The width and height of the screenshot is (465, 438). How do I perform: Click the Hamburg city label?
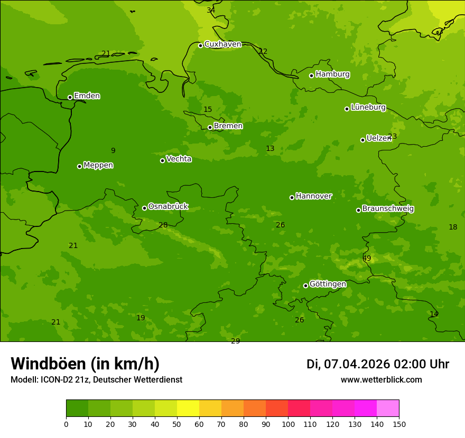pyautogui.click(x=332, y=74)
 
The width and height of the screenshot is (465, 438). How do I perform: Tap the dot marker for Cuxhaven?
pyautogui.click(x=200, y=45)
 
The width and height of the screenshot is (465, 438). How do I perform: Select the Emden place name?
pyautogui.click(x=87, y=96)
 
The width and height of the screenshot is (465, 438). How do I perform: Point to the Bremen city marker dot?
pyautogui.click(x=210, y=127)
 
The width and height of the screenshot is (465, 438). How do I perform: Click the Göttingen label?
pyautogui.click(x=328, y=284)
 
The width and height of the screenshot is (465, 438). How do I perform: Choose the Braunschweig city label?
pyautogui.click(x=388, y=209)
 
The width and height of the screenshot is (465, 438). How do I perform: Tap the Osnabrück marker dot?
pyautogui.click(x=144, y=208)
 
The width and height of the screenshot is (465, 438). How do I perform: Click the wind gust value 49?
pyautogui.click(x=367, y=258)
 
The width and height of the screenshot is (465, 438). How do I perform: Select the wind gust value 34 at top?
pyautogui.click(x=211, y=10)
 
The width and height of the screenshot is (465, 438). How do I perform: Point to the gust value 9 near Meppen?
pyautogui.click(x=113, y=150)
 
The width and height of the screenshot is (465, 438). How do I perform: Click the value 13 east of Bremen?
pyautogui.click(x=270, y=148)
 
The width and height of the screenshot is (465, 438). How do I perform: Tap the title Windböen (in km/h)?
pyautogui.click(x=85, y=364)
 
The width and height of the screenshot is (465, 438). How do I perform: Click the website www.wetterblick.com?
pyautogui.click(x=381, y=379)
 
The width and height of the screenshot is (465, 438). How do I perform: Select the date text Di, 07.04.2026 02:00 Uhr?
pyautogui.click(x=377, y=364)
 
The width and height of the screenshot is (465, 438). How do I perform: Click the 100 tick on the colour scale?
pyautogui.click(x=288, y=424)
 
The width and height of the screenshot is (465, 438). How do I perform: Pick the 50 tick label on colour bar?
pyautogui.click(x=177, y=424)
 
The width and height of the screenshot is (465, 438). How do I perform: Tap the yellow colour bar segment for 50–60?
pyautogui.click(x=188, y=408)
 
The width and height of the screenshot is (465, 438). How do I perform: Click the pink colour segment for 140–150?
pyautogui.click(x=388, y=408)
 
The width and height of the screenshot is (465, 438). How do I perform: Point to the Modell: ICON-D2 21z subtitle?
pyautogui.click(x=96, y=379)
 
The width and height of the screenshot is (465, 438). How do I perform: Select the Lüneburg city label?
pyautogui.click(x=368, y=107)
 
